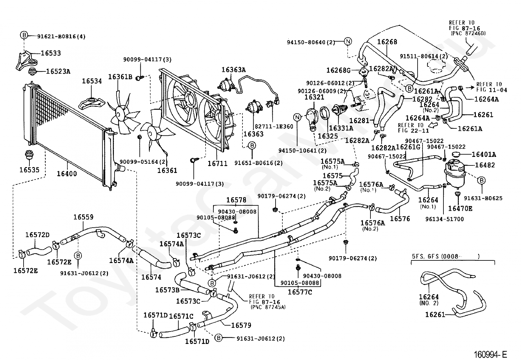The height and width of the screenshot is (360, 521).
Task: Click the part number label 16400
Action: [x=67, y=174]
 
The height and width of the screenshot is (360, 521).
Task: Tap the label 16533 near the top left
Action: [x=51, y=53]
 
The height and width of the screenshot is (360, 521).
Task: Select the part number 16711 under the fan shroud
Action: [x=218, y=163]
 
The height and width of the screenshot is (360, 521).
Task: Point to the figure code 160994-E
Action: [x=490, y=354]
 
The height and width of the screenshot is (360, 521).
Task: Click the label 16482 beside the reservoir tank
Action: [x=485, y=165]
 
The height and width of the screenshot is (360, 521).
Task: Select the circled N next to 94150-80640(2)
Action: [x=348, y=42]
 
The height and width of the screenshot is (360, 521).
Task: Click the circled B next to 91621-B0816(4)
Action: [x=24, y=35]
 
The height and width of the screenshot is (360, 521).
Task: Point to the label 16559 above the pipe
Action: [x=83, y=217]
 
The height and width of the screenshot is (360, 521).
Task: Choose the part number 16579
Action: [x=241, y=325]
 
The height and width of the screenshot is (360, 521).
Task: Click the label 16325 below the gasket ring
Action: [x=328, y=136]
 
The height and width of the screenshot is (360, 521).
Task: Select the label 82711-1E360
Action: [x=274, y=126]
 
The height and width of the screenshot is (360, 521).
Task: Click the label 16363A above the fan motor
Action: [x=234, y=70]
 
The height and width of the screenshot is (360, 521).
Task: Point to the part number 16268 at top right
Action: [x=387, y=42]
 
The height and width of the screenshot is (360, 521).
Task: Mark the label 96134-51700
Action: [x=444, y=219]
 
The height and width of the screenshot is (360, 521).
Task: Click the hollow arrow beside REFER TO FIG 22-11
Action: [x=433, y=125]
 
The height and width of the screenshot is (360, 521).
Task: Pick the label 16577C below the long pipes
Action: [x=300, y=292]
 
